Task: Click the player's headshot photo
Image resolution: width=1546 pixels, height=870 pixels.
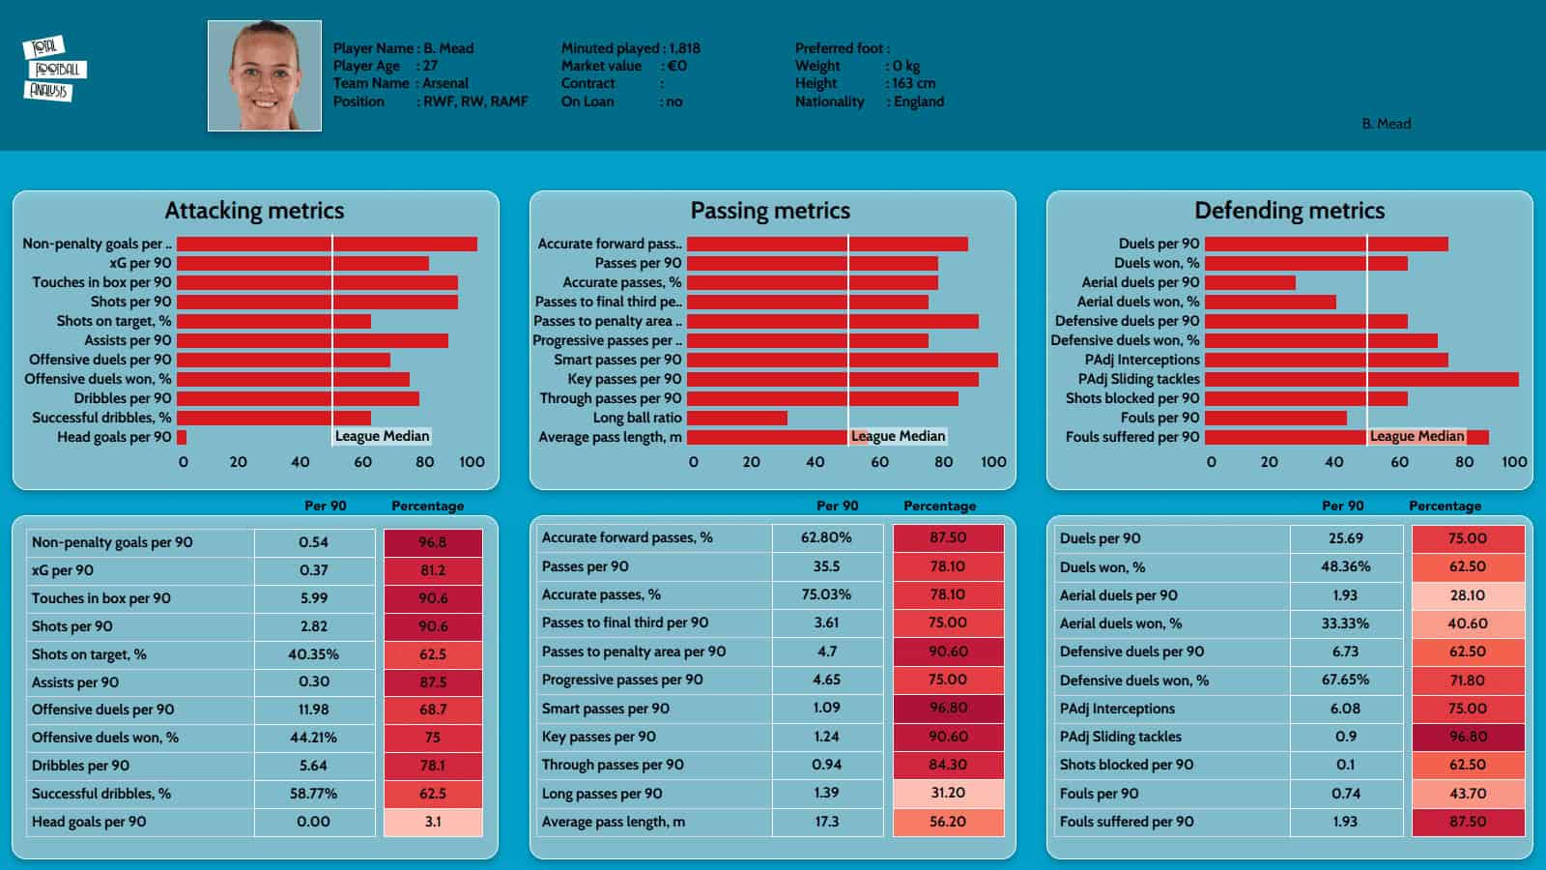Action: pos(265,75)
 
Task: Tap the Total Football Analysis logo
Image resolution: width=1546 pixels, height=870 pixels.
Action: pos(54,69)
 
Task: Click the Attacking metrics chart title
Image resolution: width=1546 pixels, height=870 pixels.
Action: pos(254,211)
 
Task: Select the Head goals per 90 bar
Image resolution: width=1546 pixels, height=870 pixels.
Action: pos(182,437)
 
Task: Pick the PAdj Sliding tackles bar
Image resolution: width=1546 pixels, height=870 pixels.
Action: pos(1361,379)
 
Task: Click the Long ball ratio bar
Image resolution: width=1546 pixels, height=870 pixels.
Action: pos(737,418)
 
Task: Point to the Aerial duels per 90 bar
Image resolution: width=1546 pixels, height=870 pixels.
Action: pos(1250,282)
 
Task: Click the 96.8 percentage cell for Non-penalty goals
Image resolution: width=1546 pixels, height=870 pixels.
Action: pos(433,542)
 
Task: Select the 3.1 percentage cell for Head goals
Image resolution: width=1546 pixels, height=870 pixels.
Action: pos(433,822)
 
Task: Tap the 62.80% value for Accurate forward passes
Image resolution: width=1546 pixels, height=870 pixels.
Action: pos(826,537)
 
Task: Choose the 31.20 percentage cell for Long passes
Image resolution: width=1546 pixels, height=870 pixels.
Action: pos(948,793)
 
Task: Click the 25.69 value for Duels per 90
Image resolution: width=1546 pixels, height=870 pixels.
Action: pos(1345,538)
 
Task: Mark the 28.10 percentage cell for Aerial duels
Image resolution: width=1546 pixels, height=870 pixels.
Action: pos(1467,595)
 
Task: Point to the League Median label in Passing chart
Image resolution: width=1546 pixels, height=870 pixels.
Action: pos(898,436)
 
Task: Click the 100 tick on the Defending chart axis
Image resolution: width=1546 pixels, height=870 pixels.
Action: pos(1514,462)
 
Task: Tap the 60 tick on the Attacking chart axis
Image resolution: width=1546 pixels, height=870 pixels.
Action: pos(363,462)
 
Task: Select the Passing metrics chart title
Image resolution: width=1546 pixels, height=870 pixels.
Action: pos(770,211)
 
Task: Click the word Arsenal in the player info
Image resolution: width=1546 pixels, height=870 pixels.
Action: pos(445,83)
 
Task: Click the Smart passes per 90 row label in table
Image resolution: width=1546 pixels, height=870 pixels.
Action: pos(605,709)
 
